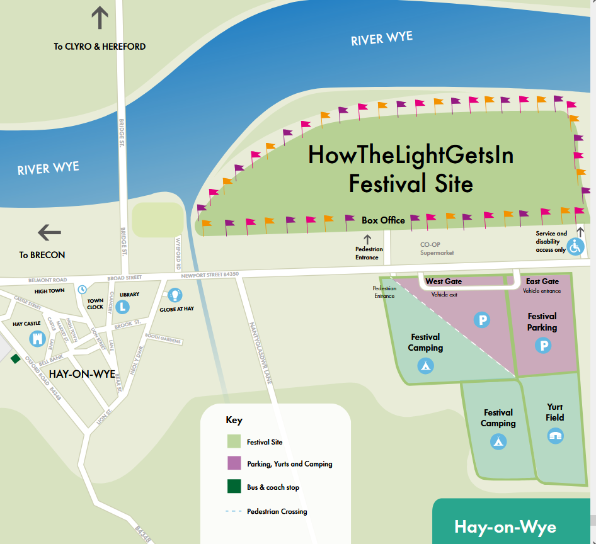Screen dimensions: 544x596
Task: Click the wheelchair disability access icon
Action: click(x=575, y=246)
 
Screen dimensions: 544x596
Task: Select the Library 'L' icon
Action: click(x=123, y=307)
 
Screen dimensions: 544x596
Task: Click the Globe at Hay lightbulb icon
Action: click(x=175, y=294)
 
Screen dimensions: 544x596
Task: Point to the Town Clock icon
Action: click(x=82, y=290)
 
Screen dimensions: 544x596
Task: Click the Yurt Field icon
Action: click(x=555, y=435)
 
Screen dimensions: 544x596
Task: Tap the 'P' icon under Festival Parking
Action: click(x=542, y=346)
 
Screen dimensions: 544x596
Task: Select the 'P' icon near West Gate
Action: click(x=482, y=320)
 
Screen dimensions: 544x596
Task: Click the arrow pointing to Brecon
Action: click(x=50, y=233)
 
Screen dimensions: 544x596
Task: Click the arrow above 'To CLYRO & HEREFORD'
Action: click(x=100, y=18)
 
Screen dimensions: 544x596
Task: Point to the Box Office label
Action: click(x=383, y=220)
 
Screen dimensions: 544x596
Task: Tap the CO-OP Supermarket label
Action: click(x=437, y=249)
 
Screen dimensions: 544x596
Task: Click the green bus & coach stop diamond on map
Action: click(x=15, y=358)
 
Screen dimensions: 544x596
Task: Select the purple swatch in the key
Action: click(x=234, y=464)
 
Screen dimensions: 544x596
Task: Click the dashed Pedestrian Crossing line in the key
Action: click(x=234, y=511)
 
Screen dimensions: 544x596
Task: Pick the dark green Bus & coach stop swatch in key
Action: click(x=234, y=487)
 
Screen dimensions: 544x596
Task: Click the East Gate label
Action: click(x=542, y=281)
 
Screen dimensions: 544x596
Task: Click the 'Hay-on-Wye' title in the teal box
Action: click(x=505, y=526)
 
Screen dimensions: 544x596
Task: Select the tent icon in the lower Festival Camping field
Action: click(x=498, y=441)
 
